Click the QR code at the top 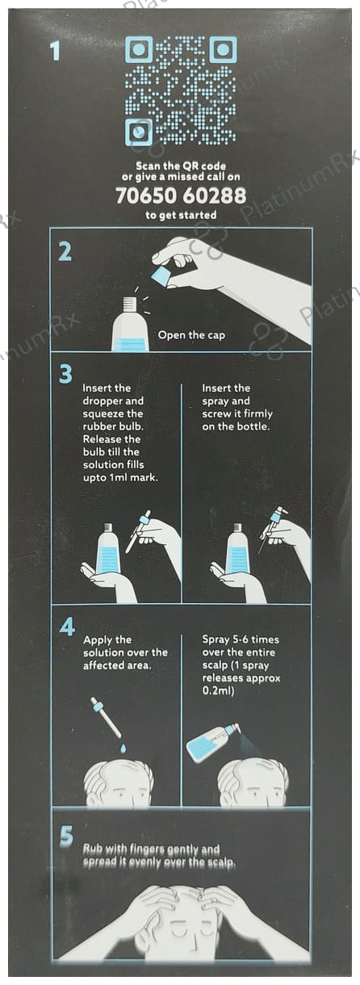pos(180,90)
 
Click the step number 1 pos(55,51)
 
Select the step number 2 pos(65,252)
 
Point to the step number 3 pos(65,374)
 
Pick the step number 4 pos(66,627)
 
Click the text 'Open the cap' pos(191,334)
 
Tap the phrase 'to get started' pos(180,216)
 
